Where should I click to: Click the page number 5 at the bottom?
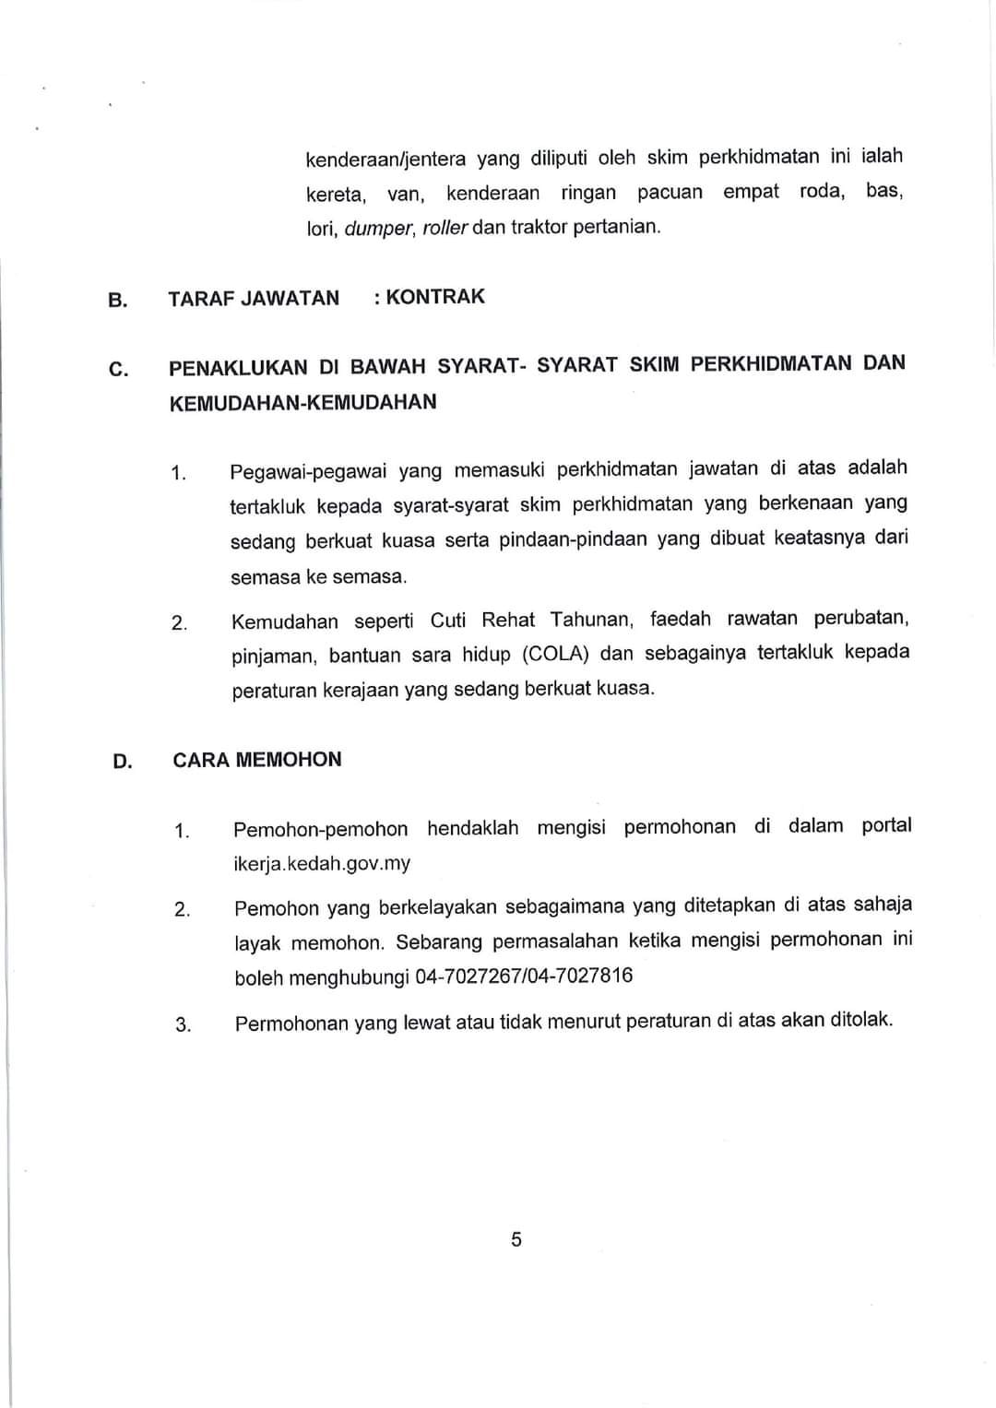click(516, 1239)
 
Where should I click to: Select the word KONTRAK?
click(435, 297)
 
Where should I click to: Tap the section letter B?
click(117, 300)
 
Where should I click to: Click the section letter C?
click(118, 370)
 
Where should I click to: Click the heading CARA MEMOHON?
click(257, 760)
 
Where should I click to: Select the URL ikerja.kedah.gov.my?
click(322, 864)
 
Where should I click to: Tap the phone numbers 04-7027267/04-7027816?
click(525, 976)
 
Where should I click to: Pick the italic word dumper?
click(379, 228)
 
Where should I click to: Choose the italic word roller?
click(445, 227)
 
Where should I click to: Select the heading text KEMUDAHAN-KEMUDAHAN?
click(303, 403)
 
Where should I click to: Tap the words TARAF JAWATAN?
click(254, 298)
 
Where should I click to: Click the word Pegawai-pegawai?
click(308, 472)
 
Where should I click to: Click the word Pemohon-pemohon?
click(320, 829)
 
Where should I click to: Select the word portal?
click(886, 825)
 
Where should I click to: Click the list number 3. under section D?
click(183, 1024)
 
